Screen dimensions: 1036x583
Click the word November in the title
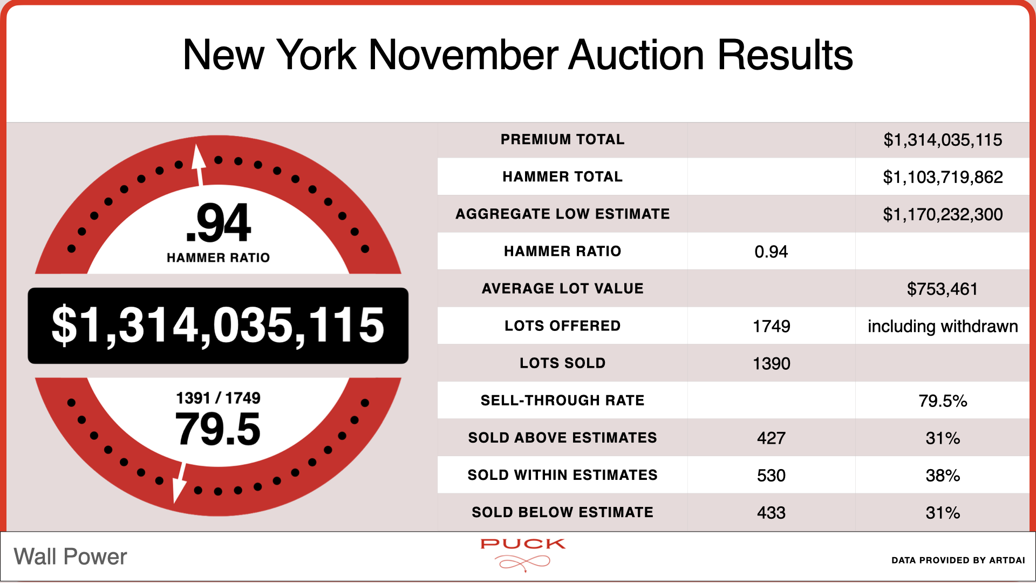464,55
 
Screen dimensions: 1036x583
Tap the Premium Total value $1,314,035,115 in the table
943,140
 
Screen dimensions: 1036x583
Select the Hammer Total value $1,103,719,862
943,177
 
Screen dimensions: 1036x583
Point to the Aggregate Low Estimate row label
562,214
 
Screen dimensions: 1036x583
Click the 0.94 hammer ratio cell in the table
771,252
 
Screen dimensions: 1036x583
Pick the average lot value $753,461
942,289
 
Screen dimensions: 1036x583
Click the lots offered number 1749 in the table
771,326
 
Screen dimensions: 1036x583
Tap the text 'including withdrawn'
943,327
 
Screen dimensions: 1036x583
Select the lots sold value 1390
771,363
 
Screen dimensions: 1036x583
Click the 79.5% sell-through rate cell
943,401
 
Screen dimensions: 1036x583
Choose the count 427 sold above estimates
771,438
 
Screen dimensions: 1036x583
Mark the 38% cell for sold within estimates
943,475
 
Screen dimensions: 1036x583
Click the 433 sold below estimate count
771,512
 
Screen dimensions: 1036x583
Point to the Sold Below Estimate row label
562,512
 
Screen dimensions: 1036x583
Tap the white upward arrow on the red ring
199,165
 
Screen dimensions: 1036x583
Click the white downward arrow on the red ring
180,483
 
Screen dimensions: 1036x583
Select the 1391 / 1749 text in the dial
218,398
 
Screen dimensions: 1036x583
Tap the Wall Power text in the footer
70,557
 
